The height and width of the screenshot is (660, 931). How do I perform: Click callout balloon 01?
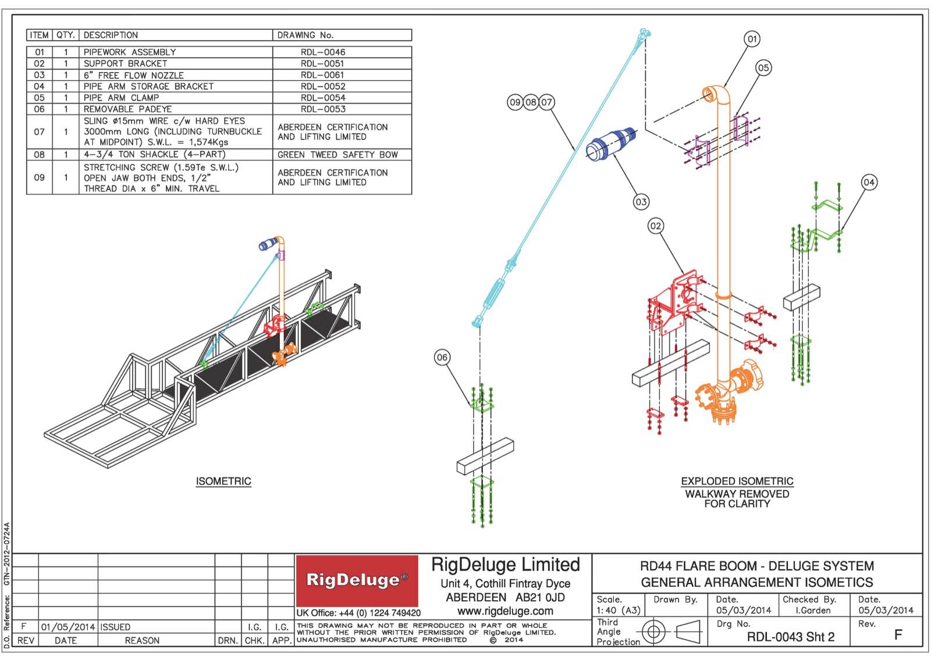pos(752,39)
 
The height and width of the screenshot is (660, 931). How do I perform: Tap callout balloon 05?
pos(763,68)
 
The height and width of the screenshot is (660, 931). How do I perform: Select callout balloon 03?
pos(641,202)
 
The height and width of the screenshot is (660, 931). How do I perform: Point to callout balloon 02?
pos(656,226)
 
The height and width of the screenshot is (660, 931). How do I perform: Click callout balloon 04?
pos(869,182)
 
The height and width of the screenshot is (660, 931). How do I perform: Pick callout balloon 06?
pos(442,357)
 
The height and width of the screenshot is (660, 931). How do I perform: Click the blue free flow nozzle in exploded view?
pos(610,144)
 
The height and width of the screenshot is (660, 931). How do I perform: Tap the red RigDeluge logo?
pos(357,580)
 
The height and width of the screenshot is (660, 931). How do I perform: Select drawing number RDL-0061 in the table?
pos(322,75)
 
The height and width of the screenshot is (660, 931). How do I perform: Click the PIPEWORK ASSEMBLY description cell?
pos(130,52)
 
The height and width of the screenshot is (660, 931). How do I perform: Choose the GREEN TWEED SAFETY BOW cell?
pos(337,155)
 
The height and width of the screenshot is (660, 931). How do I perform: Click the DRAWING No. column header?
pos(305,35)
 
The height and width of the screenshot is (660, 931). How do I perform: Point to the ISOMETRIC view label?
pos(223,481)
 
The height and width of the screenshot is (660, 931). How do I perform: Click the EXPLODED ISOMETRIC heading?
pos(737,481)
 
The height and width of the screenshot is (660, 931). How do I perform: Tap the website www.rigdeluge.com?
pos(505,611)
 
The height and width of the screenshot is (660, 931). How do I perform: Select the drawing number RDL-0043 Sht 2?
pos(791,637)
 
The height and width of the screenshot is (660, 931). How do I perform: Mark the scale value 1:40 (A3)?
pos(618,610)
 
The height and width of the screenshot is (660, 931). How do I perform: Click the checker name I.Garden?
pos(813,610)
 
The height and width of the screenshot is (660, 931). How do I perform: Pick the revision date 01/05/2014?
pos(67,627)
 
